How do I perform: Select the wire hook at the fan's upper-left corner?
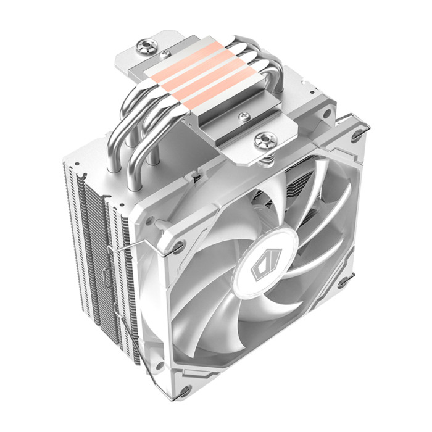coord(180,247)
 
